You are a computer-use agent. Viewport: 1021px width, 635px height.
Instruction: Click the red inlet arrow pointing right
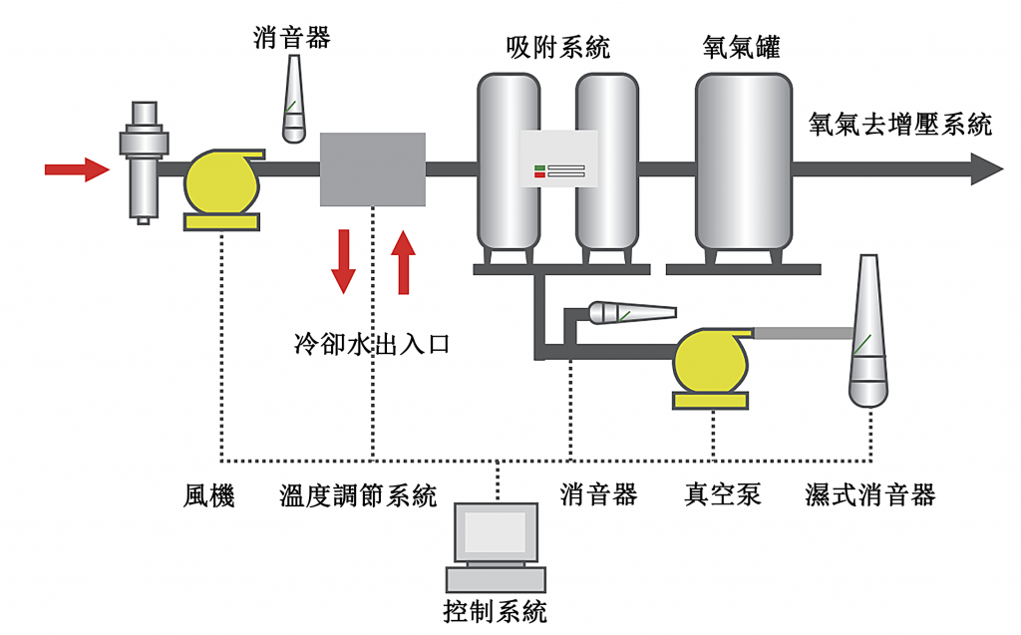click(x=76, y=169)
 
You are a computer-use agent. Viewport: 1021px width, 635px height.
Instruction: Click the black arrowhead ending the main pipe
click(x=987, y=169)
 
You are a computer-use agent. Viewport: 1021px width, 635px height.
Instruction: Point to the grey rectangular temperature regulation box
click(x=372, y=169)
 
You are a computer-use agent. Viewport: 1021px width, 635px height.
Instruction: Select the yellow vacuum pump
click(x=711, y=364)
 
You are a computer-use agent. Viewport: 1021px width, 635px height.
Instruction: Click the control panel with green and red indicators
click(x=558, y=159)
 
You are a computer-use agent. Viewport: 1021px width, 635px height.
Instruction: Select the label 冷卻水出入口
click(x=372, y=345)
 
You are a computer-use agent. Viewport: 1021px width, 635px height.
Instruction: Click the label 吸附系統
click(x=557, y=47)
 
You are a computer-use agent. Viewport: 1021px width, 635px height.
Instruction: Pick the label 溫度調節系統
click(x=358, y=495)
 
